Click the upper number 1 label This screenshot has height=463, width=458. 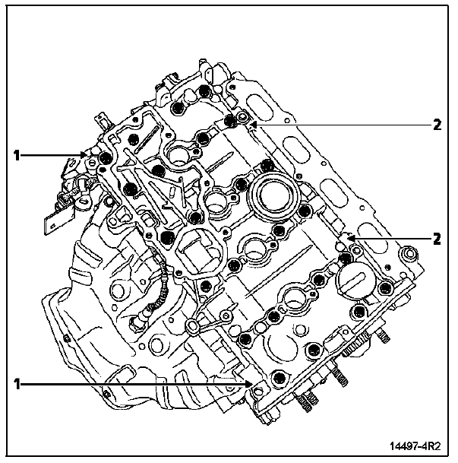point(17,155)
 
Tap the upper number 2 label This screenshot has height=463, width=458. point(437,125)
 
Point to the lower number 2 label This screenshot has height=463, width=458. point(437,239)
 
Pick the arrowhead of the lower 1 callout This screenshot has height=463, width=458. point(248,385)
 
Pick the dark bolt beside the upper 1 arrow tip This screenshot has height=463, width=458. point(104,158)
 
